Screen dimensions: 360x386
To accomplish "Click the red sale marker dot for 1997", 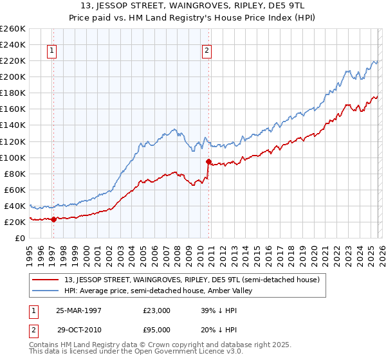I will (x=54, y=219).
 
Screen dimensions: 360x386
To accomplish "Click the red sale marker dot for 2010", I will (x=208, y=161).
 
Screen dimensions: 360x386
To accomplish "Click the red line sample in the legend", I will (x=46, y=280).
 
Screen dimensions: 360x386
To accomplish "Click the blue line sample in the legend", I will (x=46, y=291).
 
